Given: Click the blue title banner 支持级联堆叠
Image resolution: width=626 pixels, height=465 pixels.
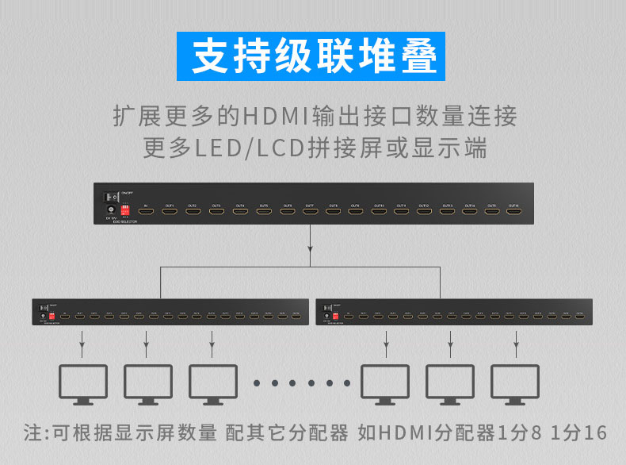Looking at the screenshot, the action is pyautogui.click(x=313, y=56).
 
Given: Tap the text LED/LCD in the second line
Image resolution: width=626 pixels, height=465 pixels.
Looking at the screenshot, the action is pyautogui.click(x=224, y=148).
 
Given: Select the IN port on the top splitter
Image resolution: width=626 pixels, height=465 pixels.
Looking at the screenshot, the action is pyautogui.click(x=146, y=212).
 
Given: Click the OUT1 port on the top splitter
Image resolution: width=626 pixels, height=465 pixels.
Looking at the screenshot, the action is pyautogui.click(x=169, y=212).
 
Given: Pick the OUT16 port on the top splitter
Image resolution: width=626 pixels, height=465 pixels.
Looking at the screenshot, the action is pyautogui.click(x=514, y=212).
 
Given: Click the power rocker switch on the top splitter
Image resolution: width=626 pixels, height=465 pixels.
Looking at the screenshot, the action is pyautogui.click(x=111, y=196).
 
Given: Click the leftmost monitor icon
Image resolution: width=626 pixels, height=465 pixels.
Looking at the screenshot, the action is pyautogui.click(x=83, y=383).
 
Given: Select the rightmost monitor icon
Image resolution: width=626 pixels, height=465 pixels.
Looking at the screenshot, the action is pyautogui.click(x=515, y=383).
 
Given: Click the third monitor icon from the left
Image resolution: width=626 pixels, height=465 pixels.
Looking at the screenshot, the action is pyautogui.click(x=212, y=383).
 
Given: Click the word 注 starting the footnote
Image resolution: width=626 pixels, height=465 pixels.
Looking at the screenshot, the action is pyautogui.click(x=32, y=433).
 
